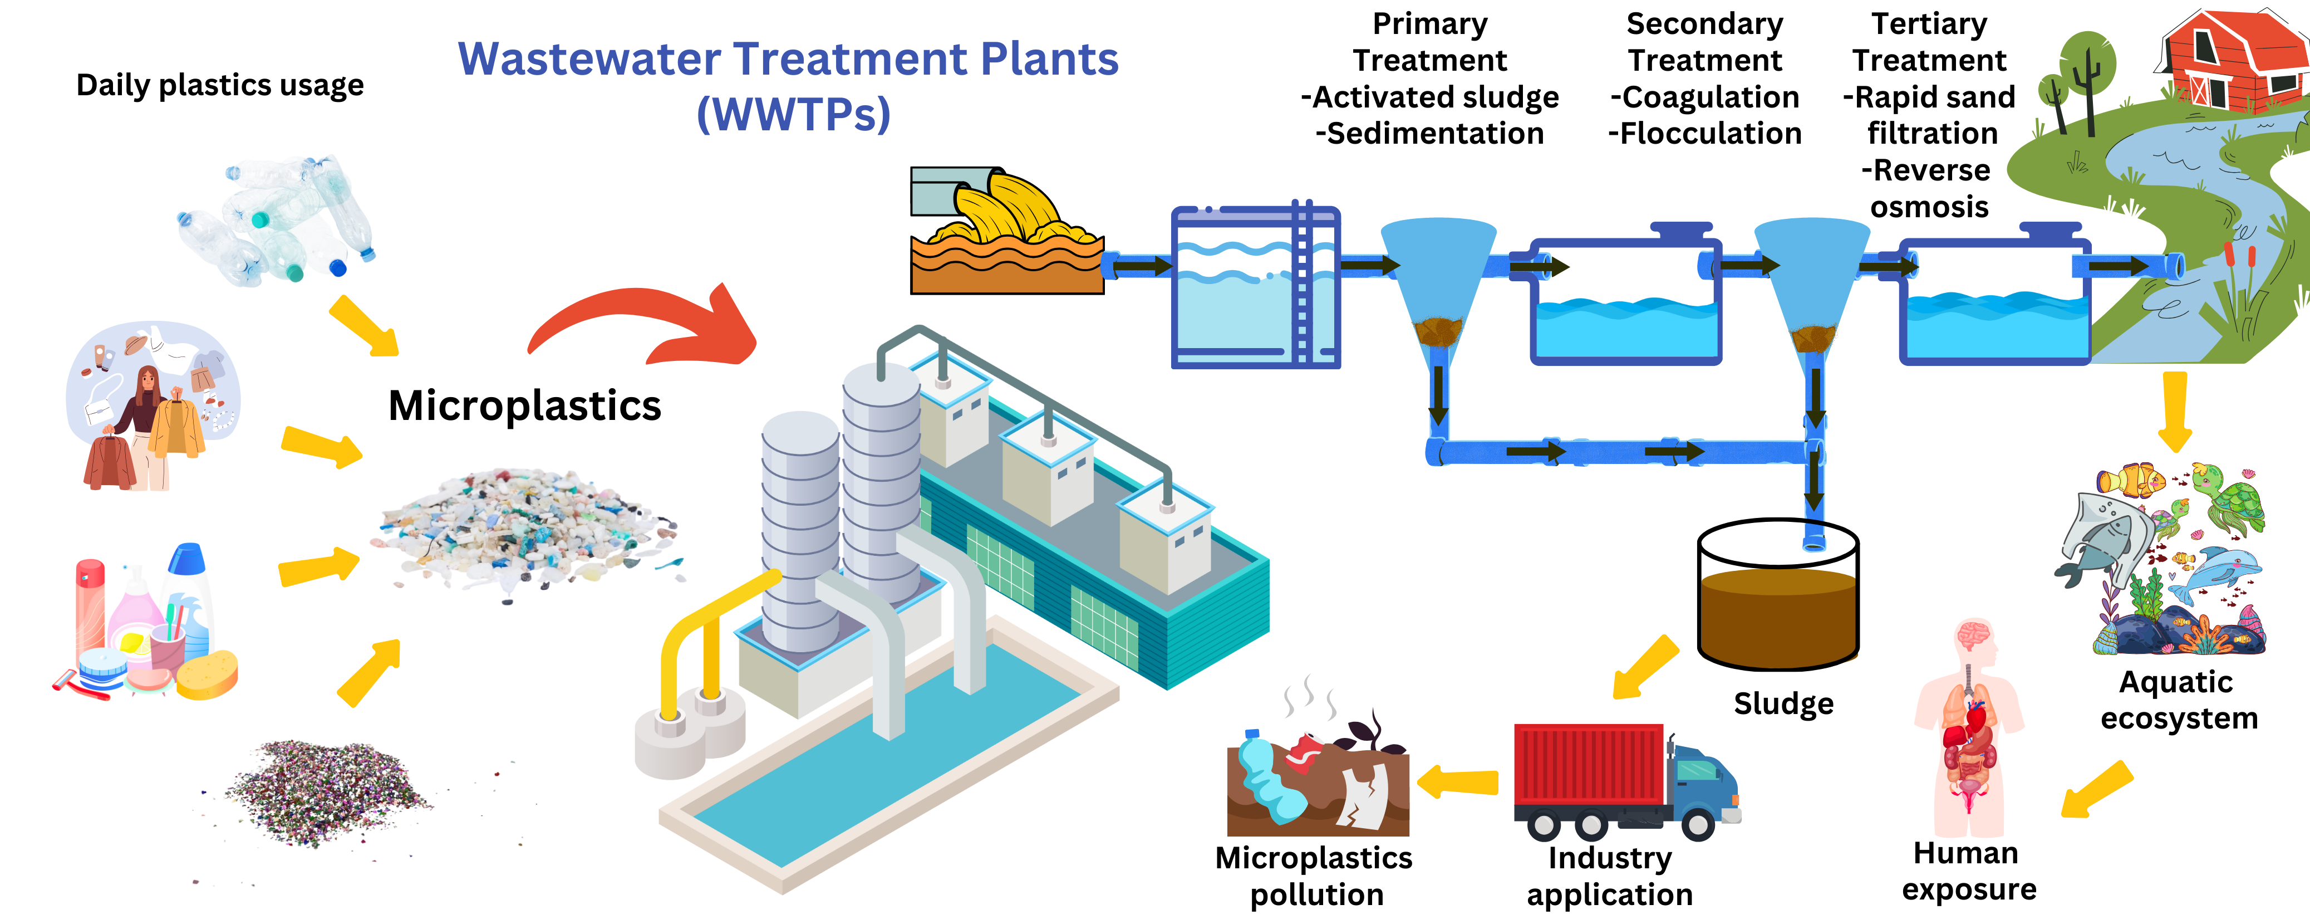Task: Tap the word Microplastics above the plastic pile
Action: [524, 405]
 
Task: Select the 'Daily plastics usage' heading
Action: [220, 85]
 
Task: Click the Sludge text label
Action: [1783, 704]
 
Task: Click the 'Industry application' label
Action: [1610, 877]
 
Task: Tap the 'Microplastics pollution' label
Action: [1314, 877]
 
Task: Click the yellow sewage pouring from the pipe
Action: [1004, 211]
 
